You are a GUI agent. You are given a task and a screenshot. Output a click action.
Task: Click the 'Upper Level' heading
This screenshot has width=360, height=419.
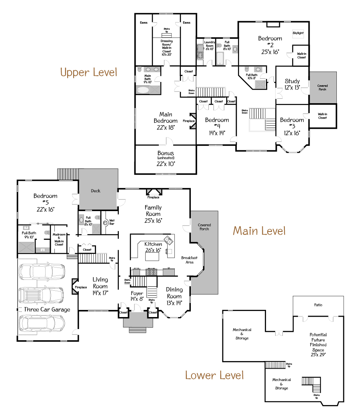pos(88,72)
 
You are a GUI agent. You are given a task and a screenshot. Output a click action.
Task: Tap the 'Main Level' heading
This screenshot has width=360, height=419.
pos(259,231)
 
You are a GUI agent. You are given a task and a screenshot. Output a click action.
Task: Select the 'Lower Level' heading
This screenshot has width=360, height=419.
pos(214,375)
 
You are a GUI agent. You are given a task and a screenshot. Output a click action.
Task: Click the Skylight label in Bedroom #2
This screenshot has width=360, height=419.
pos(298,33)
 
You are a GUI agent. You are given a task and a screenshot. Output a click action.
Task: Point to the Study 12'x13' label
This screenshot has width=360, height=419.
pos(292,84)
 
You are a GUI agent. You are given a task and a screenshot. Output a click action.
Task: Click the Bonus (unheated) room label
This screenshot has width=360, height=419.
pos(166,158)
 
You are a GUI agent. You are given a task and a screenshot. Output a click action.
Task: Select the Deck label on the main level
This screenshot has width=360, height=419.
pos(96,191)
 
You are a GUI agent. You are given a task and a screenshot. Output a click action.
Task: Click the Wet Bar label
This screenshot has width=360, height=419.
pos(112,221)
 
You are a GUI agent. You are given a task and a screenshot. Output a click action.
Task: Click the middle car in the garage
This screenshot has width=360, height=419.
pos(41,295)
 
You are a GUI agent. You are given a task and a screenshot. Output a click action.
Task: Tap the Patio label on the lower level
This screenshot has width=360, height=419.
pos(318,305)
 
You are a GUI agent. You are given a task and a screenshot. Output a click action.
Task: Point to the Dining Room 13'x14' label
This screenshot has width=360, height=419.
pos(174,296)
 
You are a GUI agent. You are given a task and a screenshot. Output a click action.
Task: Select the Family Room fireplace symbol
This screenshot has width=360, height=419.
pos(153,192)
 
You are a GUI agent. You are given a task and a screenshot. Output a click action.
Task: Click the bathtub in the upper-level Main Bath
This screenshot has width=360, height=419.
pos(143,90)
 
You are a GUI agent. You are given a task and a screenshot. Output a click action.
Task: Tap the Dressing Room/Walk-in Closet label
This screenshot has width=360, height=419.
pos(166,46)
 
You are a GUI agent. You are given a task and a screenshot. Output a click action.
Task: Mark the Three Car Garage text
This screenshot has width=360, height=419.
pos(47,309)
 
